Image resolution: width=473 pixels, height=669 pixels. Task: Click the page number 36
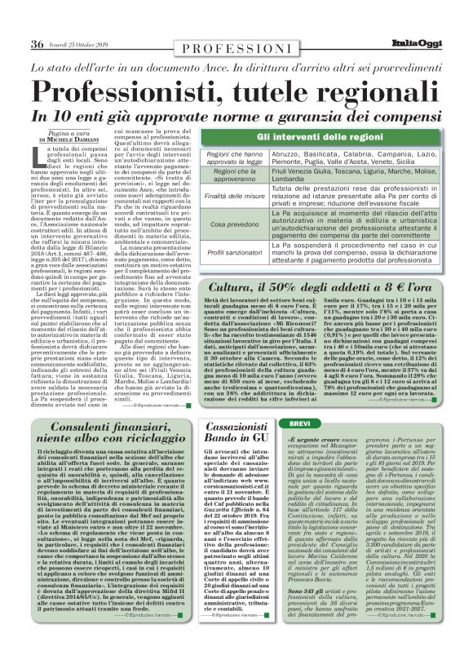coord(36,22)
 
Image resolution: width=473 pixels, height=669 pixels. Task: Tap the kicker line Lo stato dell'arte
coord(236,50)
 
